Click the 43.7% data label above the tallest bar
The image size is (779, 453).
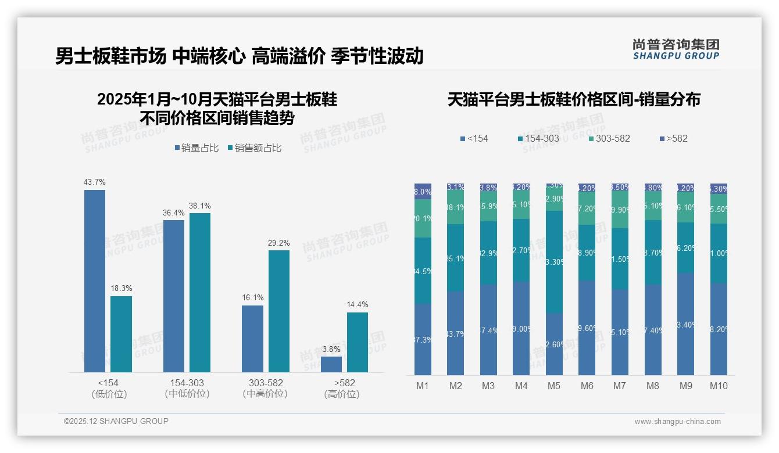click(95, 182)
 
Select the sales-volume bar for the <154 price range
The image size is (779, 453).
click(95, 281)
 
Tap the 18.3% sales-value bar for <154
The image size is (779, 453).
click(121, 334)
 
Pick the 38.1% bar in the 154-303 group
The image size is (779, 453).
click(199, 293)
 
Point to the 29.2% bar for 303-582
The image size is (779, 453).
click(278, 311)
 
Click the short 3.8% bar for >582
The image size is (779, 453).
click(331, 364)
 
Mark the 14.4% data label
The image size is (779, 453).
click(358, 305)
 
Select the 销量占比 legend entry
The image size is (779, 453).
click(196, 148)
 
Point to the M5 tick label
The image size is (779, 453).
click(554, 386)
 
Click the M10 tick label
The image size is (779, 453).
click(719, 386)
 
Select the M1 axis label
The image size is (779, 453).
click(423, 386)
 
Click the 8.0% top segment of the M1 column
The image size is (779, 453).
click(423, 192)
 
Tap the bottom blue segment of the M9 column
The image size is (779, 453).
click(685, 324)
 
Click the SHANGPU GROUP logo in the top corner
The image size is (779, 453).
click(676, 49)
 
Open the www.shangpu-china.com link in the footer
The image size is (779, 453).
click(677, 422)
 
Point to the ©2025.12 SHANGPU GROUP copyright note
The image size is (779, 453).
click(116, 421)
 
